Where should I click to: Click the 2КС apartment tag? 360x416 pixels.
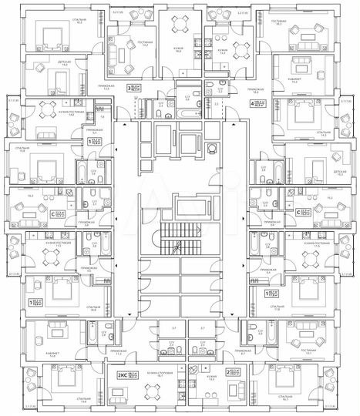pyautogui.click(x=121, y=375)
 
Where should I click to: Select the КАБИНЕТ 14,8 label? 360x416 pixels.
pyautogui.click(x=53, y=334)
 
